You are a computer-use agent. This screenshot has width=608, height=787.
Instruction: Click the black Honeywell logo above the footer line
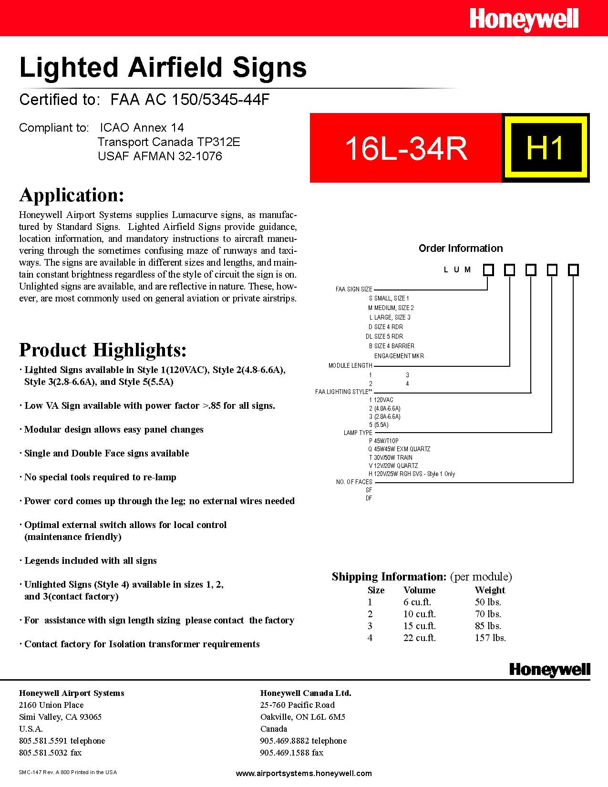(549, 670)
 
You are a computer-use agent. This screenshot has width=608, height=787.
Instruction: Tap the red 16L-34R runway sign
(406, 148)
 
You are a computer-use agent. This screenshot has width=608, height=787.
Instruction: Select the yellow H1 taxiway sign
(546, 148)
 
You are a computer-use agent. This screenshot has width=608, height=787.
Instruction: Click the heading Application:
(72, 195)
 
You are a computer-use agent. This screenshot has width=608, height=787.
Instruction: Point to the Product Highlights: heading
(103, 350)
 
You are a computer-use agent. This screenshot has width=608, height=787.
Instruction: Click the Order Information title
(461, 248)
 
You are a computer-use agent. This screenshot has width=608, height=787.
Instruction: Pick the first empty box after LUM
(488, 270)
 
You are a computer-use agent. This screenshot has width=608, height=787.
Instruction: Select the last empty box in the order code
(573, 270)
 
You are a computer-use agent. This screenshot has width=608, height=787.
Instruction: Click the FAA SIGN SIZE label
(354, 289)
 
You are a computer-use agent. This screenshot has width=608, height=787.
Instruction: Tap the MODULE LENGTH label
(350, 365)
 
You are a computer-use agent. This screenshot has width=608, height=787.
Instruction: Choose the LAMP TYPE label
(358, 433)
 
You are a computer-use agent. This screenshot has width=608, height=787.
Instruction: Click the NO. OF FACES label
(354, 482)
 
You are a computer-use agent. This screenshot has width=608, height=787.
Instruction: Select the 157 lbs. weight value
(490, 638)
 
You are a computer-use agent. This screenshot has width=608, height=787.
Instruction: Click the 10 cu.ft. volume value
(420, 614)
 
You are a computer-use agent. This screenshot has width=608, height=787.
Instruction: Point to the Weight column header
(490, 590)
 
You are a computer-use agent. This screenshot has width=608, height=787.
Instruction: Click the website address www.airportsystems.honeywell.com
(304, 773)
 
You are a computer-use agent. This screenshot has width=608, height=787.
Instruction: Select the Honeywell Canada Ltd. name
(306, 693)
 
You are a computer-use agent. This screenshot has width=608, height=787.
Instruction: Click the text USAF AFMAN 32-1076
(160, 156)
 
